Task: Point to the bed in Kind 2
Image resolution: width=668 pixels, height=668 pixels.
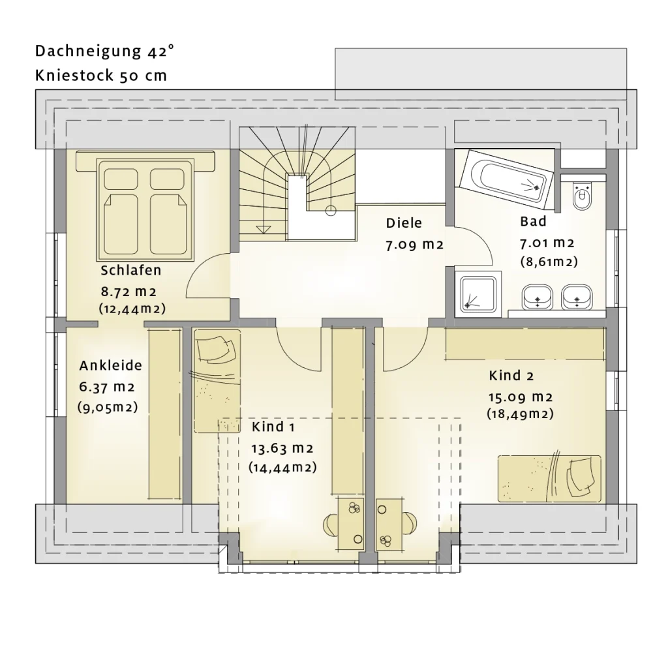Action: (550, 478)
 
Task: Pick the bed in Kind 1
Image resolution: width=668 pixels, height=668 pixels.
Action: (217, 382)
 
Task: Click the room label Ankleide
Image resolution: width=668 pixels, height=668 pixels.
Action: (111, 365)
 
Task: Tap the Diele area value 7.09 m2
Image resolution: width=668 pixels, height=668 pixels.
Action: (415, 245)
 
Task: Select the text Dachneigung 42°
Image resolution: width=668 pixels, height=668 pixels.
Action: (104, 52)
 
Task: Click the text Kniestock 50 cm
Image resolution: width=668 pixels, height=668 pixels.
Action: (101, 76)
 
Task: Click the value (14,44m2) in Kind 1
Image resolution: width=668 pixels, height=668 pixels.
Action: (282, 467)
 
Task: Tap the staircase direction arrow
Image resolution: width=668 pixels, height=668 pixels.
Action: (264, 229)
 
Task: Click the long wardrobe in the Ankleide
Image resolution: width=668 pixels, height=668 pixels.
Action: (164, 413)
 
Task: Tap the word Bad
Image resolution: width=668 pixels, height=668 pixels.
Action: (533, 222)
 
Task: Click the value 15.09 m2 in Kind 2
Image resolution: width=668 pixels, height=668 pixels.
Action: (521, 397)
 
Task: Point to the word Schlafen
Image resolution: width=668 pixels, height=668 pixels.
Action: (130, 270)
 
